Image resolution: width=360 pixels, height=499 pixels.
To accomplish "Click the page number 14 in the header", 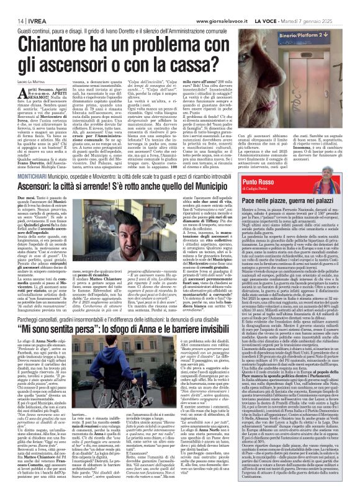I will (12, 20).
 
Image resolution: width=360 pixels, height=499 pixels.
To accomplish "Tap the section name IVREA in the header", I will (31, 20).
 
